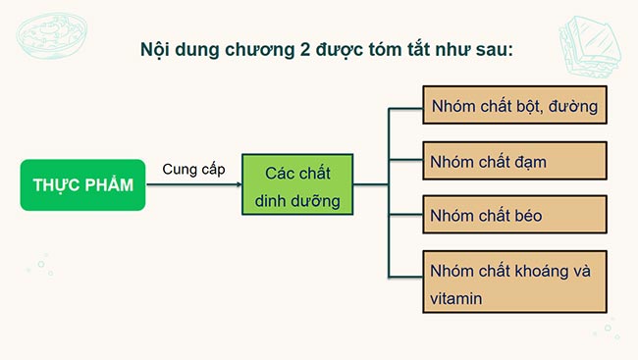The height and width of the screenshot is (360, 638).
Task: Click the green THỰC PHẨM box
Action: (82, 185)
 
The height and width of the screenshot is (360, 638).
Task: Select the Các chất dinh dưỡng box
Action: (296, 185)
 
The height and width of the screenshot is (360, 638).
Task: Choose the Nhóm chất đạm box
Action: (515, 160)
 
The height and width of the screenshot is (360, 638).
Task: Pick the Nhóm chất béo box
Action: (515, 214)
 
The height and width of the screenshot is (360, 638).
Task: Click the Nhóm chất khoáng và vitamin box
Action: (515, 282)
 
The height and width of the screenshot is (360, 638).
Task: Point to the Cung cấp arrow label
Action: (193, 169)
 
